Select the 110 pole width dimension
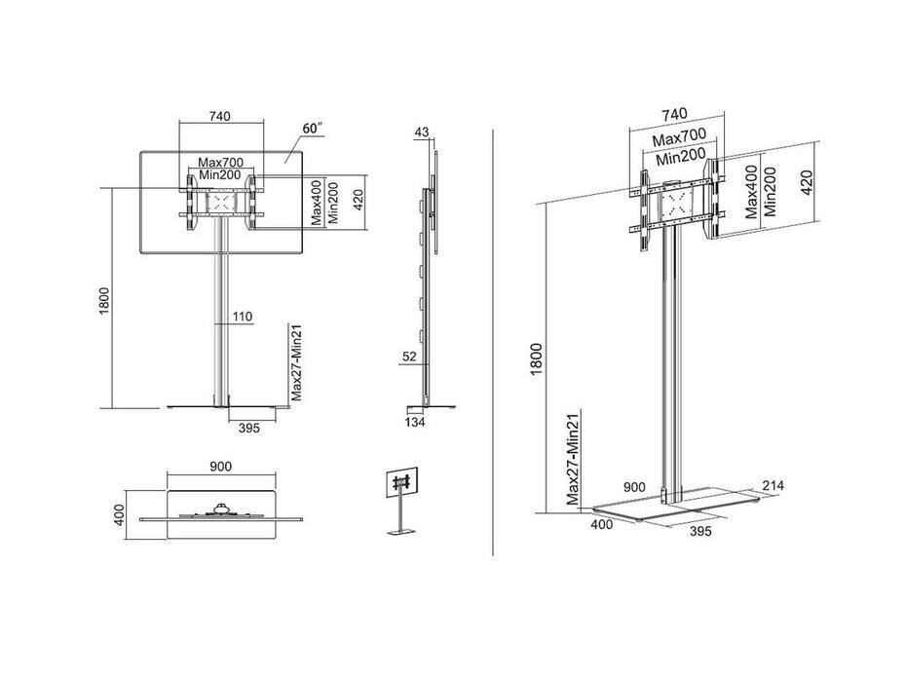pos(243,317)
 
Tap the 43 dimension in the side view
pos(422,132)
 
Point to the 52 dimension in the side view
pos(409,358)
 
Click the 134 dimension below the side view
pos(415,422)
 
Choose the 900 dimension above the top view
pos(220,467)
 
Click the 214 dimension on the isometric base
pos(774,485)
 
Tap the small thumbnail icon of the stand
pos(399,500)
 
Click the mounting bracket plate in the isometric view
pos(676,205)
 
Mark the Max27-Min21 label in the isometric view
pos(575,459)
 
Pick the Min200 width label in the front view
pos(221,174)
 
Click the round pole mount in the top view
pos(223,505)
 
